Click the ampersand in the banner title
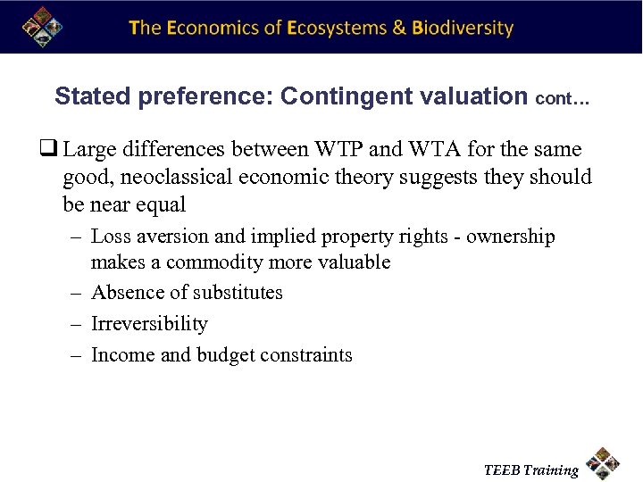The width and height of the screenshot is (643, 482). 400,28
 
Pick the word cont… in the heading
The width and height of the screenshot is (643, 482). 562,98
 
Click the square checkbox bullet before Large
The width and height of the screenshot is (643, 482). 53,150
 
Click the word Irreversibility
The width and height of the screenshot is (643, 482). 149,324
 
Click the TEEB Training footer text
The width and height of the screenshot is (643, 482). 530,470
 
